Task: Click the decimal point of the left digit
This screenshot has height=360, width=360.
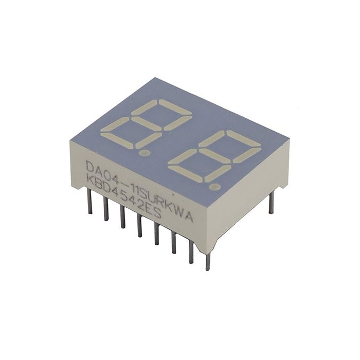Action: (146, 153)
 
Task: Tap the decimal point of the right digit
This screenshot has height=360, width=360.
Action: (217, 186)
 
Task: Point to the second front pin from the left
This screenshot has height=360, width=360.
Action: (106, 208)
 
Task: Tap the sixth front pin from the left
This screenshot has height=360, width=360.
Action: (174, 243)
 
